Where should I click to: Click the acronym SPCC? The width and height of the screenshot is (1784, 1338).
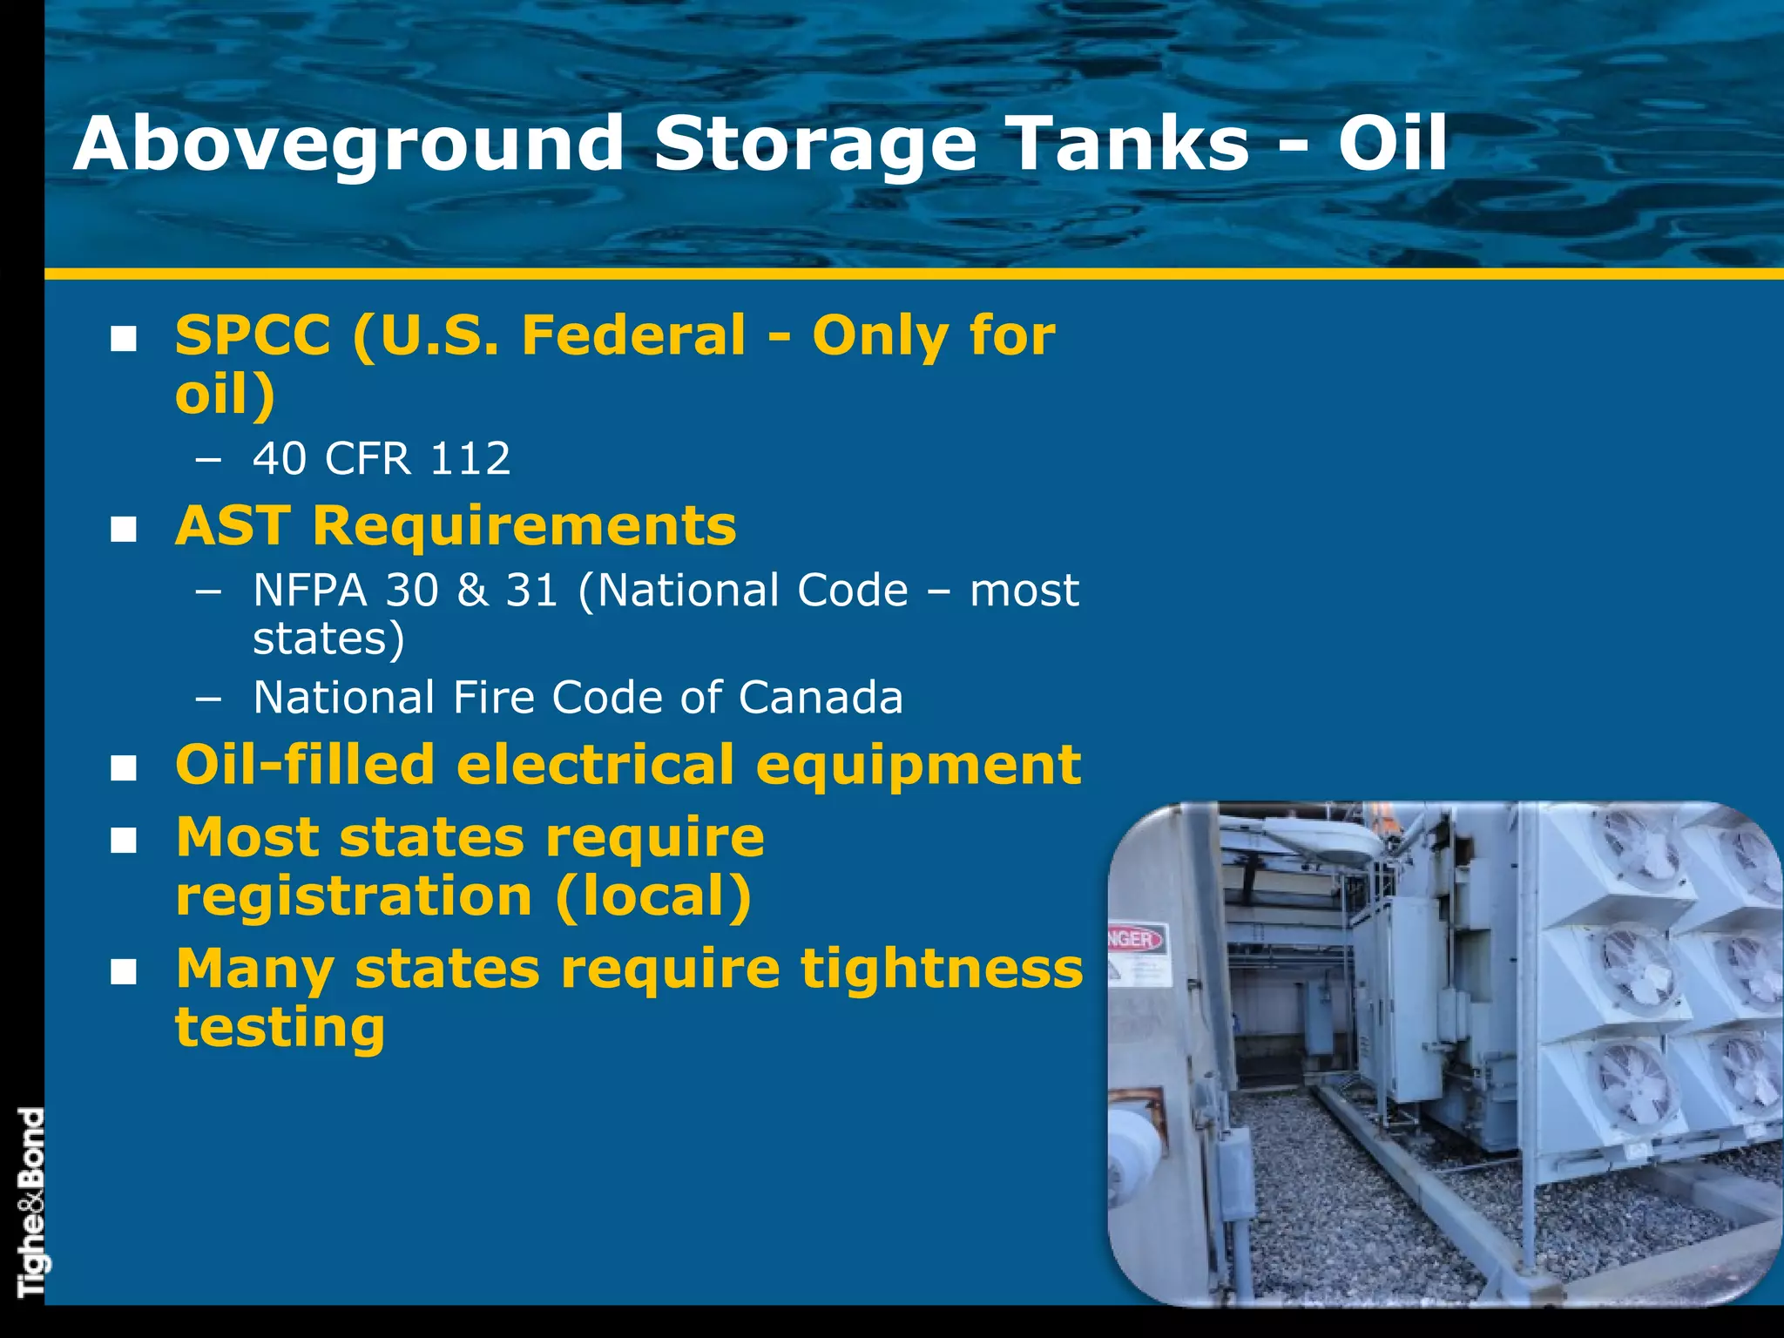pyautogui.click(x=253, y=335)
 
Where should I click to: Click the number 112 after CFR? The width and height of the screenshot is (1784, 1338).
pyautogui.click(x=470, y=458)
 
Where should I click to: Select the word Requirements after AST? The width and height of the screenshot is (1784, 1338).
pyautogui.click(x=524, y=526)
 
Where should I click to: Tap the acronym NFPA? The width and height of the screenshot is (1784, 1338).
pyautogui.click(x=310, y=591)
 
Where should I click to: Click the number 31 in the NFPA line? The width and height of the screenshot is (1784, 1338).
pyautogui.click(x=531, y=591)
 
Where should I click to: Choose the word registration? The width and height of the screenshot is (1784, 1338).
pyautogui.click(x=354, y=896)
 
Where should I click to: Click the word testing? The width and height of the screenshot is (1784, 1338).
pyautogui.click(x=280, y=1028)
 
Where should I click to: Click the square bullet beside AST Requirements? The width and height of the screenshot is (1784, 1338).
pyautogui.click(x=124, y=529)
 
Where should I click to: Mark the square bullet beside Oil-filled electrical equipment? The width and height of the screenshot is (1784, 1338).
pyautogui.click(x=124, y=767)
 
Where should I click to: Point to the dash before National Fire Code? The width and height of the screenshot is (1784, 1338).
pyautogui.click(x=208, y=699)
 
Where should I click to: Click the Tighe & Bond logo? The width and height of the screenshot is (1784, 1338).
pyautogui.click(x=30, y=1203)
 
